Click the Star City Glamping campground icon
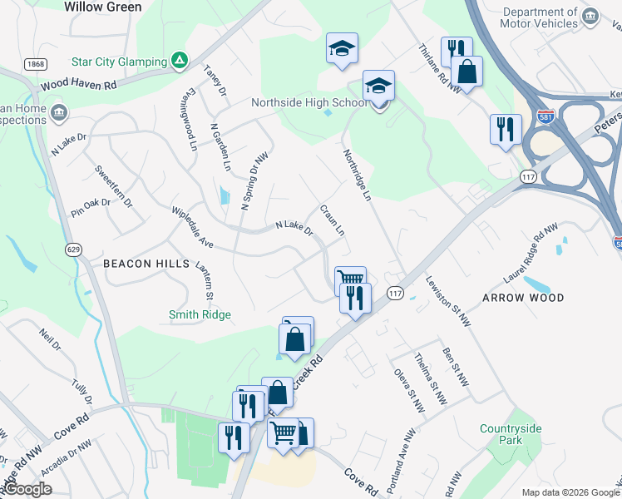179,60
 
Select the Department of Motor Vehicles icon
590,17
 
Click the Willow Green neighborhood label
102,7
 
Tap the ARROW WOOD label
523,297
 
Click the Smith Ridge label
200,314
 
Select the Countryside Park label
511,434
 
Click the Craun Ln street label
332,220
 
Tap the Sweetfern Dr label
113,186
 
